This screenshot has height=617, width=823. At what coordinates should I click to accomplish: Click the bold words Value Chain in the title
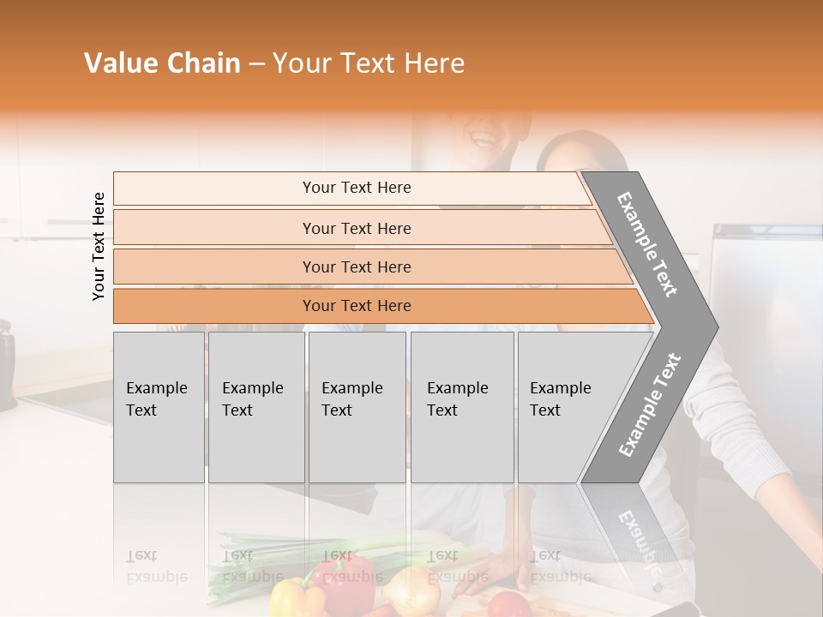click(x=162, y=63)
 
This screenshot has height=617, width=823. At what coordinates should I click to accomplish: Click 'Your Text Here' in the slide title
click(x=368, y=63)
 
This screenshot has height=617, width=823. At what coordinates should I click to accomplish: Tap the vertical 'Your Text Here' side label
click(x=99, y=246)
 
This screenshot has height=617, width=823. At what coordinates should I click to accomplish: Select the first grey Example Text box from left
click(x=159, y=406)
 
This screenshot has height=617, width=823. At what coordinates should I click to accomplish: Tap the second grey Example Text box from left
click(x=255, y=406)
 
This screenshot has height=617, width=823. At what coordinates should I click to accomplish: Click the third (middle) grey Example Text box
click(x=357, y=406)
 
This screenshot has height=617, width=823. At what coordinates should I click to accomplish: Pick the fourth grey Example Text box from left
click(x=461, y=406)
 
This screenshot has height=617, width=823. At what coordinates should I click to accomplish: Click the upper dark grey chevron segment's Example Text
click(x=648, y=244)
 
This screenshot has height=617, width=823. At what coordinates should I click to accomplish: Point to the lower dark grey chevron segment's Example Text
click(x=650, y=404)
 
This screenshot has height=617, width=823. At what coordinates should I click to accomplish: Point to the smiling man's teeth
click(x=485, y=136)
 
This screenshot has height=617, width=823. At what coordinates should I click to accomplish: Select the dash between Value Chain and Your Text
click(x=256, y=64)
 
